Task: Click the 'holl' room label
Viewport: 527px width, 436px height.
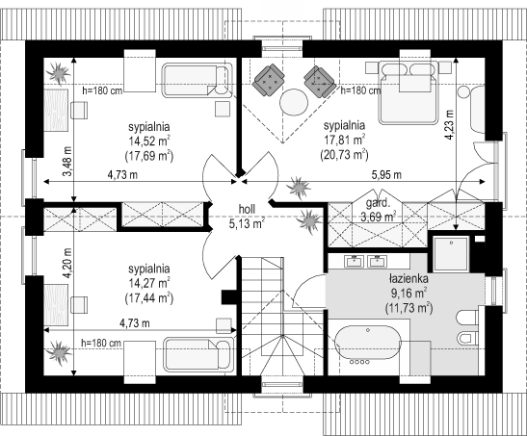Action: point(247,209)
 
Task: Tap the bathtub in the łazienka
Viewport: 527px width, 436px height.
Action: point(368,346)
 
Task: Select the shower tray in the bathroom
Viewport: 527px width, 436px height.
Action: point(451,254)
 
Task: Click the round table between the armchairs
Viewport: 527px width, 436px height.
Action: point(294,102)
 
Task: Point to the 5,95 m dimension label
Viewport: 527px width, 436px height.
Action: point(386,175)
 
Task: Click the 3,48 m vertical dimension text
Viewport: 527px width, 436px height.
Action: point(68,161)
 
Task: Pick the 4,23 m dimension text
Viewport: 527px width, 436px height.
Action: point(449,124)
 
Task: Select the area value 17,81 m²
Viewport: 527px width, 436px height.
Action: point(345,140)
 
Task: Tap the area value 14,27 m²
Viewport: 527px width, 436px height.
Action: point(149,283)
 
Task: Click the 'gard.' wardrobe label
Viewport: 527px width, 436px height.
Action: point(378,203)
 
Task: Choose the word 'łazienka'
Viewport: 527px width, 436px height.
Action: point(408,278)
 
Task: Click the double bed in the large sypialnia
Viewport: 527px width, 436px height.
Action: point(408,92)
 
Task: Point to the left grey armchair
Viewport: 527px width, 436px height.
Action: point(270,80)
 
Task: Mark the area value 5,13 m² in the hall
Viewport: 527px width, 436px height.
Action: point(247,223)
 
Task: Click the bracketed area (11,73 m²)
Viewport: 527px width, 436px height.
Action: point(408,307)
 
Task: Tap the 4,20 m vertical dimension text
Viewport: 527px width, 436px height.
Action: point(68,263)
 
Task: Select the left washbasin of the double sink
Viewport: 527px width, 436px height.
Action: point(354,261)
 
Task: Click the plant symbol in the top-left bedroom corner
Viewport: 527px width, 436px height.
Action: point(58,73)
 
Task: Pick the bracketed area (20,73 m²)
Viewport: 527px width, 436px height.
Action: point(345,155)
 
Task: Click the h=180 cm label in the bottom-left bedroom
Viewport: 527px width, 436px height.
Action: point(101,343)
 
